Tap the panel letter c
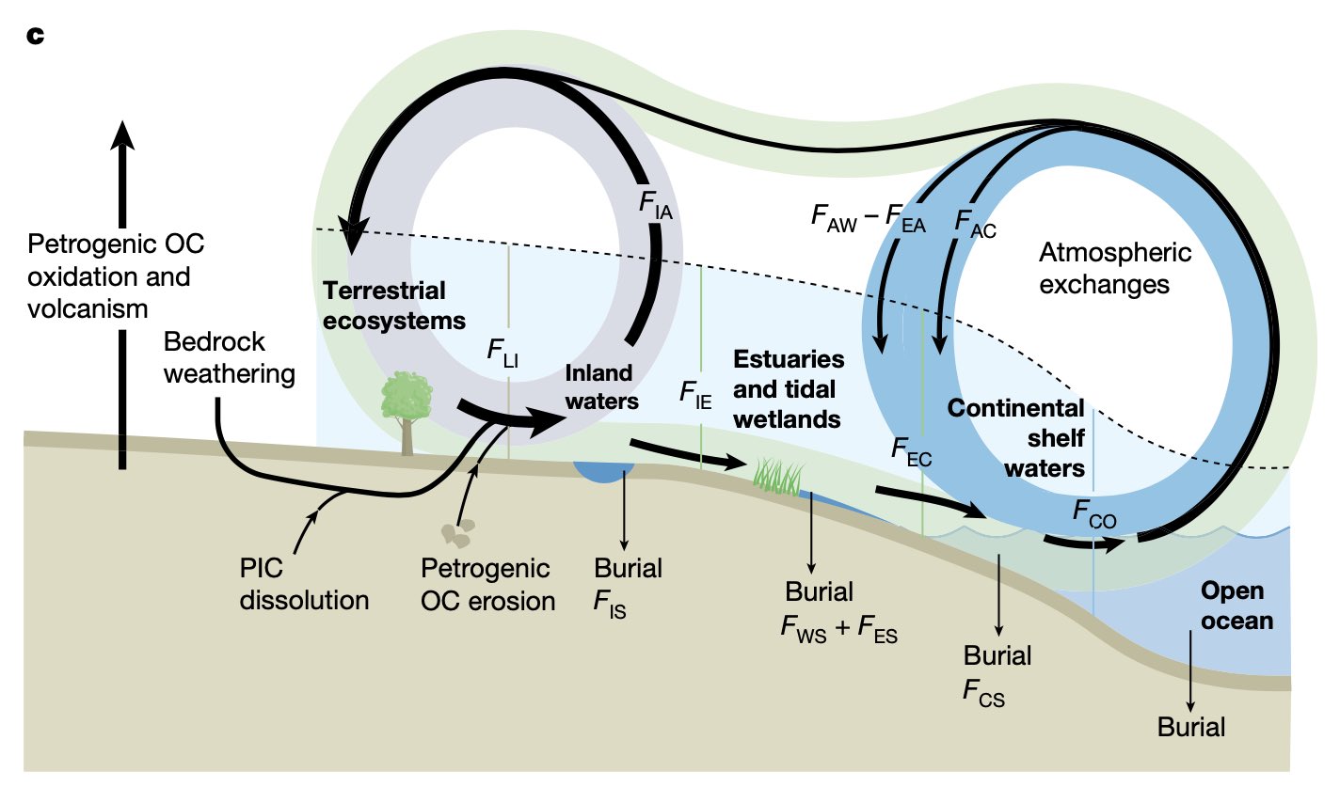click(x=36, y=37)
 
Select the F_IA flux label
click(x=656, y=205)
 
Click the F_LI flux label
click(x=502, y=353)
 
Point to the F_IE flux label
click(x=695, y=394)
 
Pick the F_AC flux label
click(x=975, y=224)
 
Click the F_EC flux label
click(x=911, y=451)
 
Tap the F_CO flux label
click(x=1094, y=514)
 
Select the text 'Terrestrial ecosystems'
click(x=394, y=306)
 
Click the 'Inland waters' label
click(x=601, y=387)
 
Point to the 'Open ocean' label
click(x=1236, y=606)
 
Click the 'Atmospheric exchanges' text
click(x=1114, y=268)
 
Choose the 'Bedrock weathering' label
click(x=229, y=357)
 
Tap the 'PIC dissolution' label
click(x=303, y=585)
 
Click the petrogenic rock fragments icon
click(x=458, y=533)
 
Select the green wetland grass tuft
click(x=779, y=477)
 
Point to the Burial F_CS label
click(x=997, y=674)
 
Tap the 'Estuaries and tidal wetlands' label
click(x=789, y=389)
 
